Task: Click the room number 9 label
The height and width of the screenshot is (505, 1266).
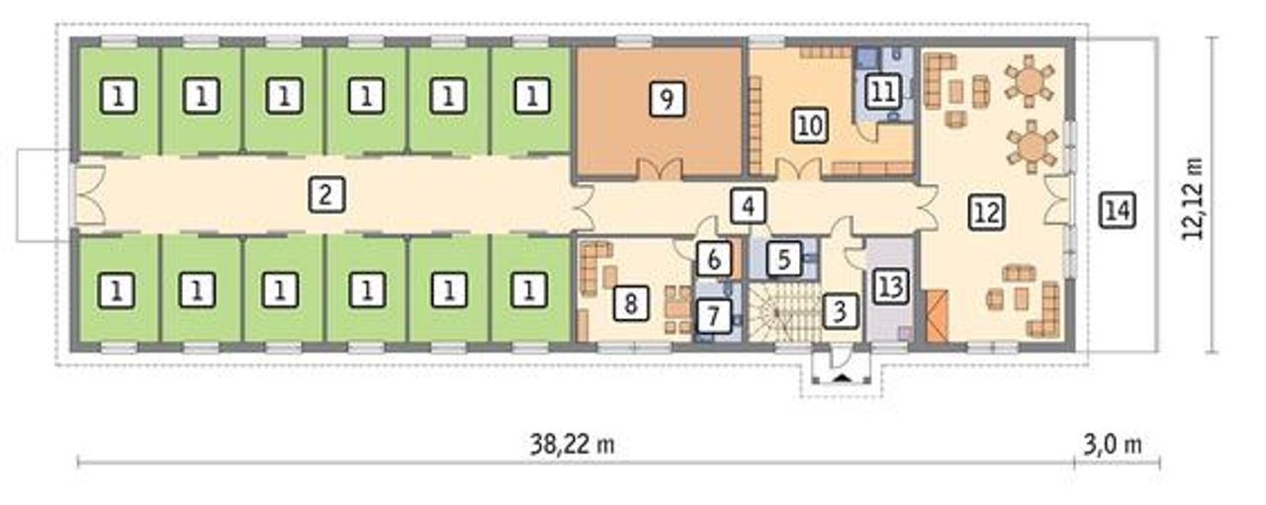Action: pos(667,99)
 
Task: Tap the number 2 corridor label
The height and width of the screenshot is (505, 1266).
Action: pos(326,195)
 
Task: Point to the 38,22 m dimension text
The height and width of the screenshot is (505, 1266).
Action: pos(572,445)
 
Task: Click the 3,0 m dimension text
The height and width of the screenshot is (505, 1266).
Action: pos(1113,445)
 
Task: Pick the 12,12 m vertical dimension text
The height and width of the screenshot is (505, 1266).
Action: pos(1194,199)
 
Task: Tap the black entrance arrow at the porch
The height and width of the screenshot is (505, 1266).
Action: pos(842,379)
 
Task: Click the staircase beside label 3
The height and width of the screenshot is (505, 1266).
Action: pos(784,312)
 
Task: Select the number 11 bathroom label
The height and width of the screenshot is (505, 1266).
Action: pos(883,92)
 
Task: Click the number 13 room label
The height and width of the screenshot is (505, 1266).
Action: pos(891,286)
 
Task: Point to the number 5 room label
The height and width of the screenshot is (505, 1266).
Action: pos(784,259)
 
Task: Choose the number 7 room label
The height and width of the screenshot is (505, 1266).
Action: pos(714,316)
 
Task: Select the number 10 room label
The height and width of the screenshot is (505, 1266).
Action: pos(811,126)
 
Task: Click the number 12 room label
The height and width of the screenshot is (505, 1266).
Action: pos(987,212)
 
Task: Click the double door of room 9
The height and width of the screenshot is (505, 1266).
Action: pos(660,169)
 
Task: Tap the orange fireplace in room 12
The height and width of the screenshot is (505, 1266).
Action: pos(937,316)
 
